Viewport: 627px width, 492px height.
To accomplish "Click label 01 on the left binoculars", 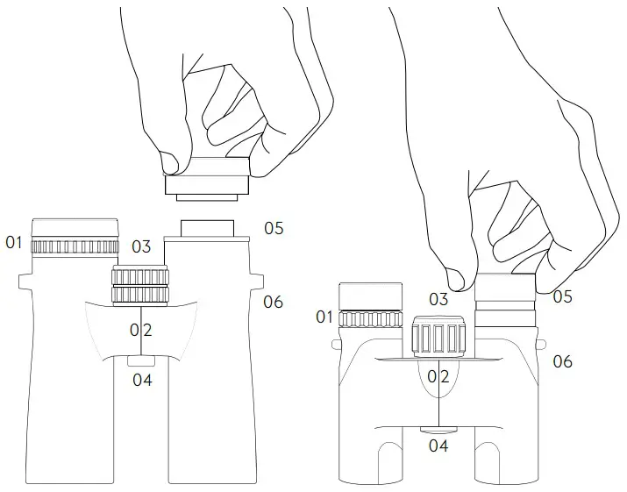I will [13, 241].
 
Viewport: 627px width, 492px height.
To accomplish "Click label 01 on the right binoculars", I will [324, 317].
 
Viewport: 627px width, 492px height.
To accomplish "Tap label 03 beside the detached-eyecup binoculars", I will [141, 247].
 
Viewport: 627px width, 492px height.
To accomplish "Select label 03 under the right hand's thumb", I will [438, 300].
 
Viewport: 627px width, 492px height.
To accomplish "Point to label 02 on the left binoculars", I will [141, 330].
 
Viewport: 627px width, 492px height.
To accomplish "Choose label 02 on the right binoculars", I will [438, 376].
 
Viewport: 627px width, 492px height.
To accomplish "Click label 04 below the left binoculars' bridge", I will [142, 380].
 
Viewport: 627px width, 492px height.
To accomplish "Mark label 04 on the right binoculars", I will [438, 446].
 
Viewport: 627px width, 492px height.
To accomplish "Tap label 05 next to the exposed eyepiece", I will [274, 228].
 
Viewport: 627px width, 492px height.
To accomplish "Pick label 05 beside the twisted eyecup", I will [562, 296].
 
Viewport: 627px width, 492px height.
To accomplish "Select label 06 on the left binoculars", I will [274, 302].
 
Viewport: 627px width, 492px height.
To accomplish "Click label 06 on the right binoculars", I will [562, 360].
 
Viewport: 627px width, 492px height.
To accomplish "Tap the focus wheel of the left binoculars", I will [139, 284].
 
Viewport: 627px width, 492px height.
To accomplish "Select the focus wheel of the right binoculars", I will [438, 337].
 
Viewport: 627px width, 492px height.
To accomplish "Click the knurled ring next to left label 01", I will [75, 246].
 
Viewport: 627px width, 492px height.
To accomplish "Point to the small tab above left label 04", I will [141, 360].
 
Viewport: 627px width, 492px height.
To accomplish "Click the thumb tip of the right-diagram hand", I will [455, 279].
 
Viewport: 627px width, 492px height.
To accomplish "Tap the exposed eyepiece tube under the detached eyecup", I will [208, 228].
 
